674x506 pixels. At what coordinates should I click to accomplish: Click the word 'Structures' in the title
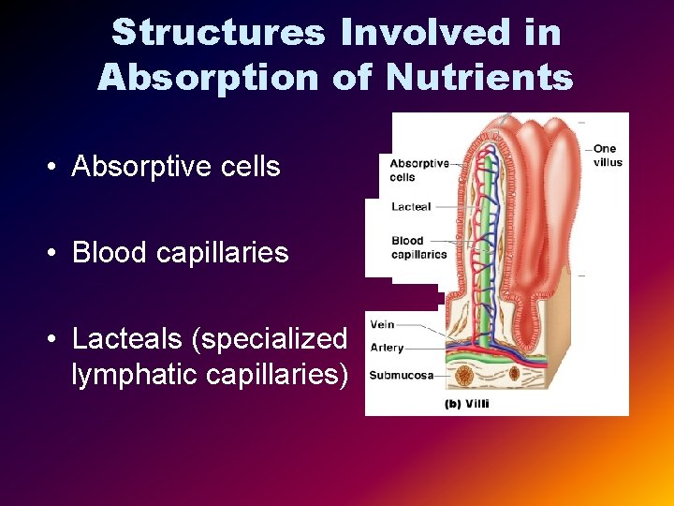217,32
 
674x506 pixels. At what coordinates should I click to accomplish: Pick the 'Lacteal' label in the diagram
411,206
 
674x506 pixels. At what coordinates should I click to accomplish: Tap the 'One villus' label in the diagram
607,156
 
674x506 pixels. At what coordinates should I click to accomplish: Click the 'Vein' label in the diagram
383,324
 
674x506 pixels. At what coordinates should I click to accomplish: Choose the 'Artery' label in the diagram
387,348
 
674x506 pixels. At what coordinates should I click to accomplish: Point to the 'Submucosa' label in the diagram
401,376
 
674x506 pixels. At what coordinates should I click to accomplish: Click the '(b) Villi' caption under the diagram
466,404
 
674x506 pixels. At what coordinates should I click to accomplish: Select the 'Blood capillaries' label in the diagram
418,247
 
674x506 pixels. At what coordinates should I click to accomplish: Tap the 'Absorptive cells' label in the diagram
418,171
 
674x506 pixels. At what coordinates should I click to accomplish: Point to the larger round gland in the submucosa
464,377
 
